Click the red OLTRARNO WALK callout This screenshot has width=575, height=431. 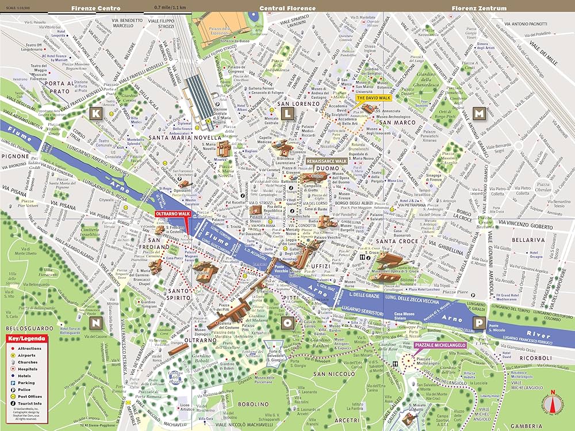(172, 214)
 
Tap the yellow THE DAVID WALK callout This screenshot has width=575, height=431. (373, 98)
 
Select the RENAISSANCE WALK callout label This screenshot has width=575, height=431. (326, 163)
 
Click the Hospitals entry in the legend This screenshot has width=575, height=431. (28, 368)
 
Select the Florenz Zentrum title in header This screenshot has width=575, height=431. (479, 8)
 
